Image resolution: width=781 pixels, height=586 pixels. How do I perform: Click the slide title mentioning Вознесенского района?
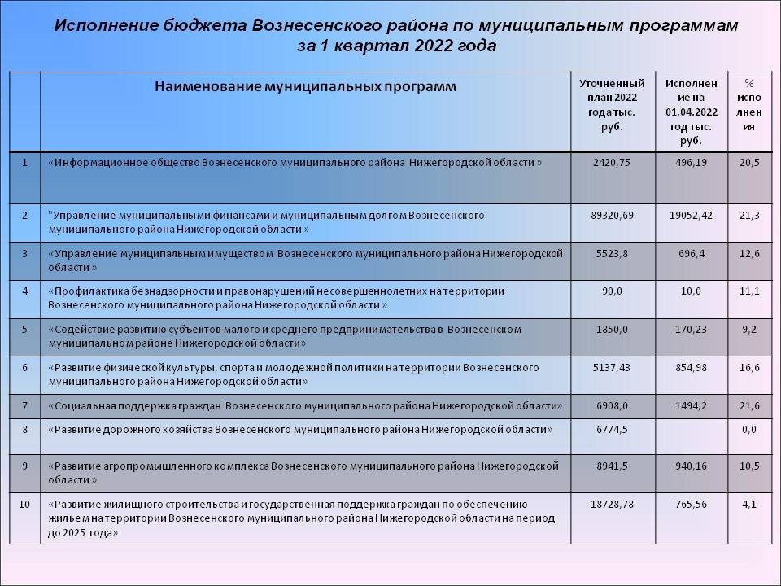coord(396,35)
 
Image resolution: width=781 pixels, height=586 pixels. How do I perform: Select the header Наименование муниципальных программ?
coord(306,85)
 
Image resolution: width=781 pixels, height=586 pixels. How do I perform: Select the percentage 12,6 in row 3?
coord(750,253)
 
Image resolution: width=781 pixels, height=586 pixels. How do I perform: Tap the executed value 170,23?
coord(691,329)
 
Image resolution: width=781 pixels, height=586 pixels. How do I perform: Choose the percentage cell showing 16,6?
coord(750,367)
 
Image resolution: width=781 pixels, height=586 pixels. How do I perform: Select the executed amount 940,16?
coord(691,466)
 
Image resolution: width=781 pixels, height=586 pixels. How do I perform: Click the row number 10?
coord(24,505)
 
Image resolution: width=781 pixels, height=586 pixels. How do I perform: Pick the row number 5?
coord(24,329)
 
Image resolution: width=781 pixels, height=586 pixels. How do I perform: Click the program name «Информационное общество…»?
coord(296,162)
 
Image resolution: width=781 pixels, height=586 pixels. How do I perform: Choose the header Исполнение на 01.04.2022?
coord(691,112)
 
